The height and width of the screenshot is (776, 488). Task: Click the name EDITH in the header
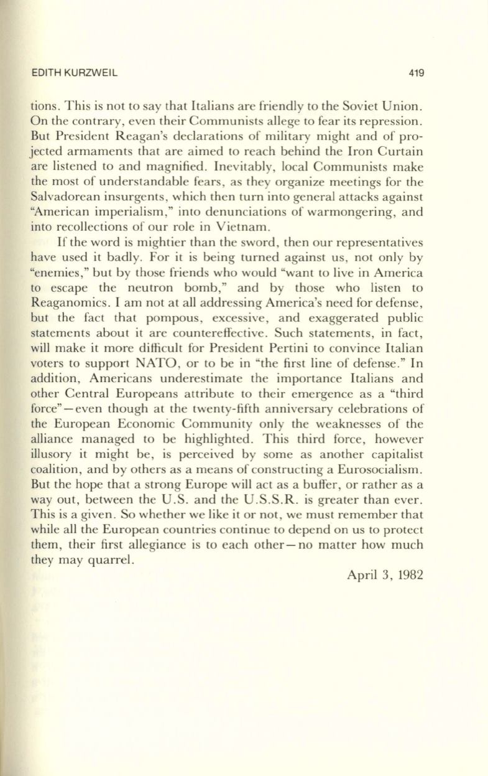(x=44, y=73)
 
